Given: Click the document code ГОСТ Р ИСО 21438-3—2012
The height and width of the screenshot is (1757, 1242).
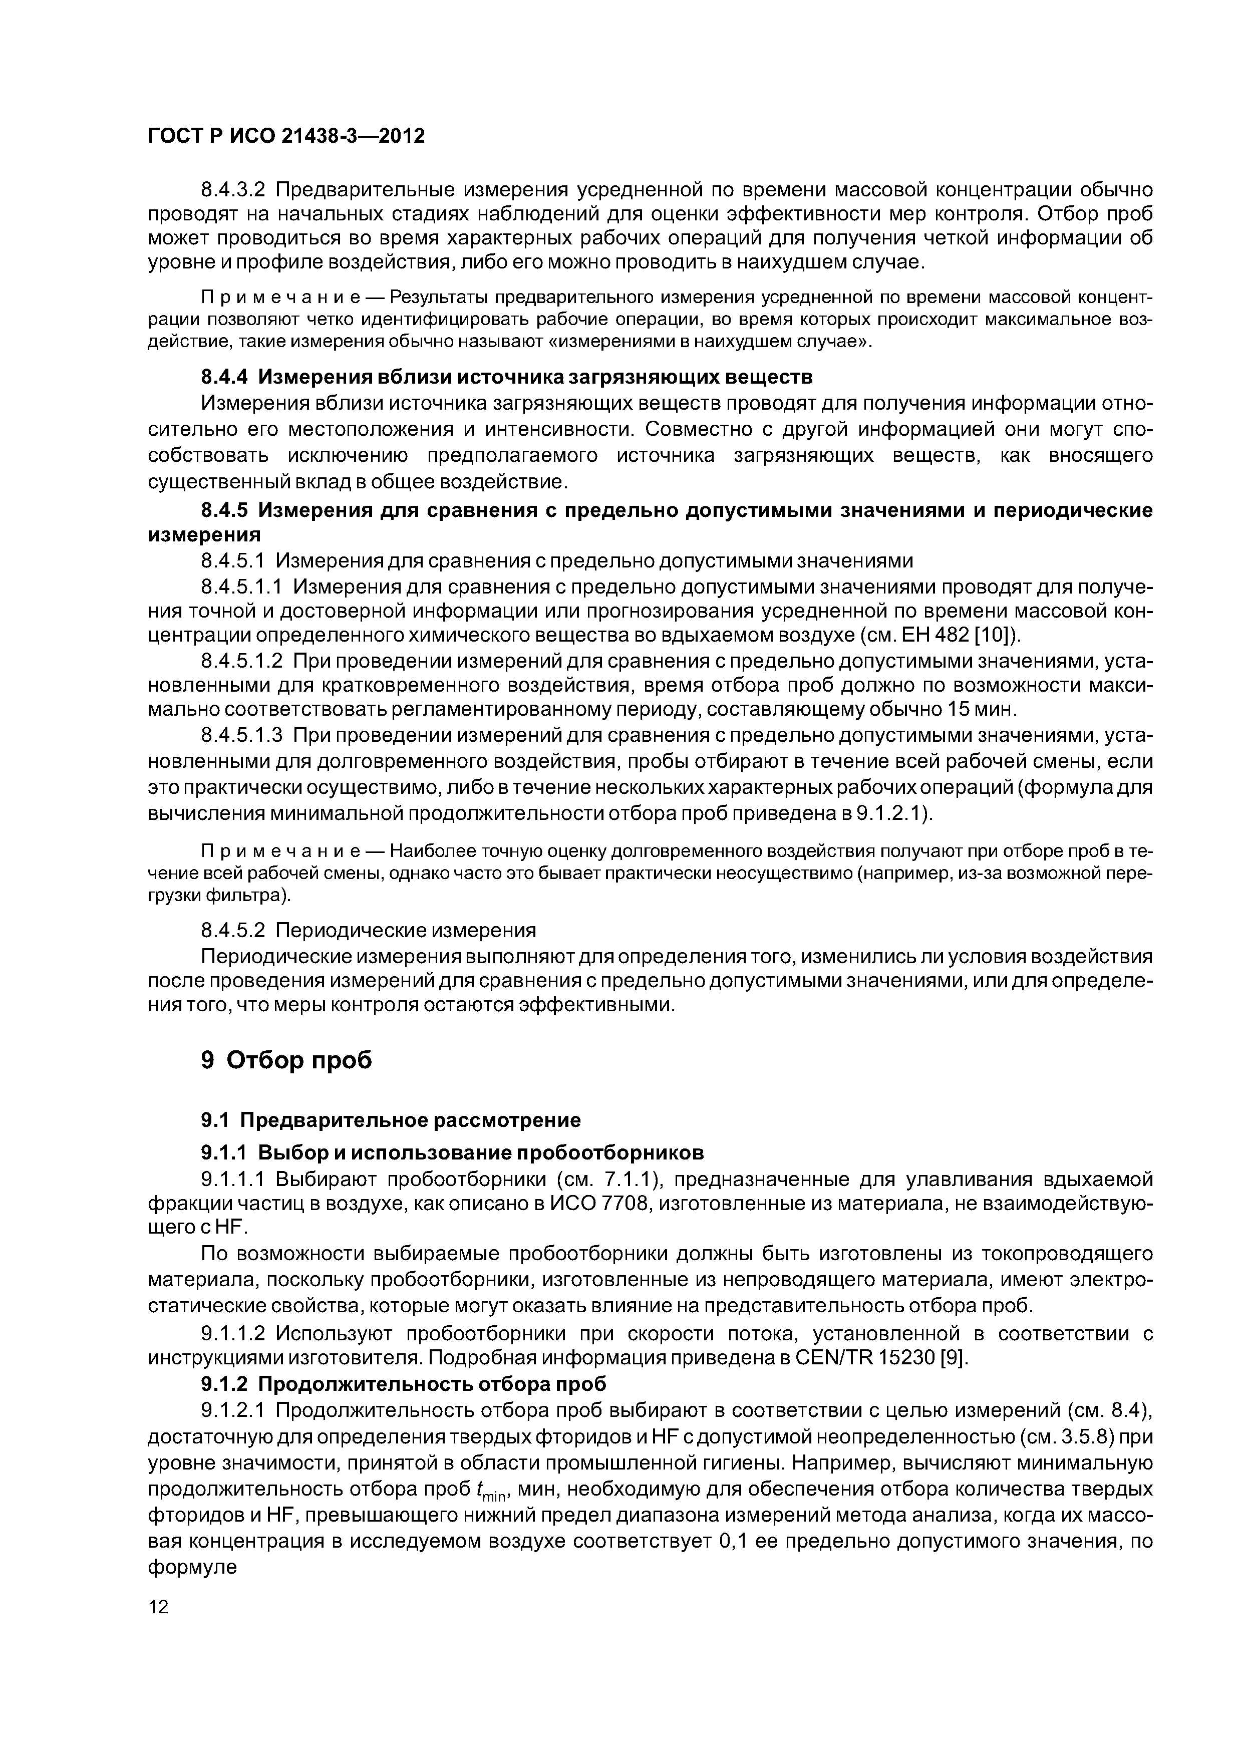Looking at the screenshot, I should click(285, 135).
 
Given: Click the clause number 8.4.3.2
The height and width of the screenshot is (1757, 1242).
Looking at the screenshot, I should click(233, 189).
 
